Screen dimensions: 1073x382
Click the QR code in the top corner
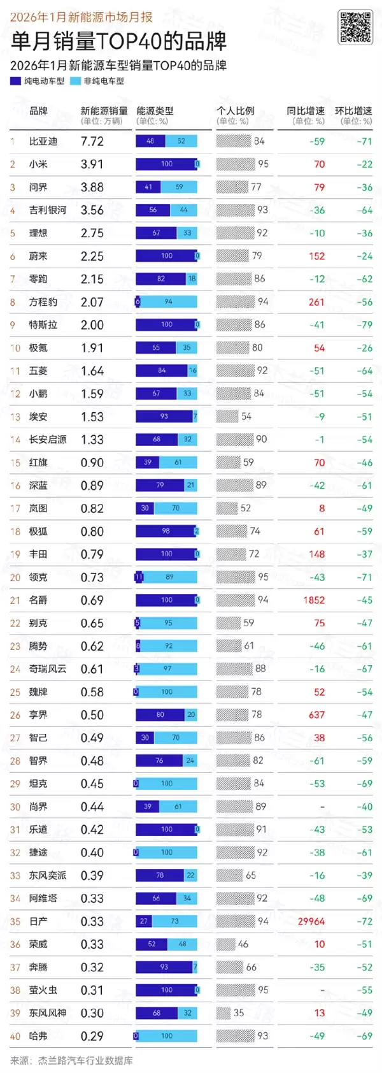[354, 27]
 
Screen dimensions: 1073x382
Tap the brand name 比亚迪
[43, 141]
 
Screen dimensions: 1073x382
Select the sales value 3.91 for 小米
[92, 164]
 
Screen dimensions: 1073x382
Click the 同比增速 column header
[306, 111]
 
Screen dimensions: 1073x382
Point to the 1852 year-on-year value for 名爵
[314, 600]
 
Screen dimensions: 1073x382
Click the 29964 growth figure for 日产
[311, 921]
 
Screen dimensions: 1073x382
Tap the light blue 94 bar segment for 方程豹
[169, 302]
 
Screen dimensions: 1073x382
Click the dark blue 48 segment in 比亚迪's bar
[150, 141]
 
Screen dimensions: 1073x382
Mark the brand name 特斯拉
[43, 325]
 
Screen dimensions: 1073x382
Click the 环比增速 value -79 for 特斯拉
[365, 325]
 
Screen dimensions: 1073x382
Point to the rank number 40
[15, 1036]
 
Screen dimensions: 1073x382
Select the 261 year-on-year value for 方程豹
[316, 302]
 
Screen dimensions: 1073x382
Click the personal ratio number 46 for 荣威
[243, 944]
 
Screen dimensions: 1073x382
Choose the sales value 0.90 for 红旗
[92, 463]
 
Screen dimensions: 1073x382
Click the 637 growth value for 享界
[316, 715]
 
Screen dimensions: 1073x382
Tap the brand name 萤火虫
[43, 990]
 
